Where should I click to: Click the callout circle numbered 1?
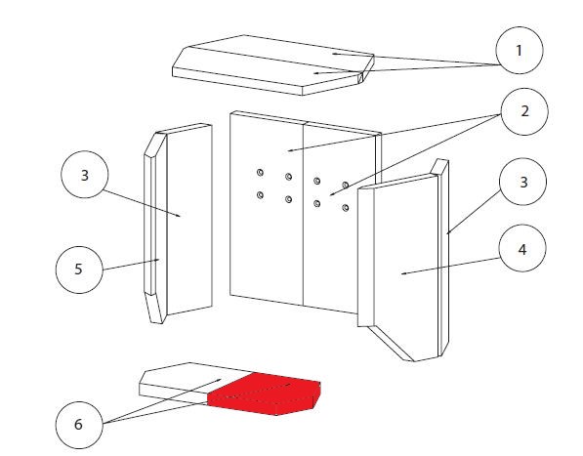tap(520, 50)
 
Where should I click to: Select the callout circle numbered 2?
tap(524, 111)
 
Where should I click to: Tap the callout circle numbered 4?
tap(522, 248)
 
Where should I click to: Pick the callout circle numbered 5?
tap(79, 269)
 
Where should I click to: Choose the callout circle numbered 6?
tap(79, 425)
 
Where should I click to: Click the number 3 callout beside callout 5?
tap(85, 175)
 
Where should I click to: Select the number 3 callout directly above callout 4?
tap(523, 182)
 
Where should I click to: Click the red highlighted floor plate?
tap(265, 394)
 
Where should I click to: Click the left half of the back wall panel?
tap(267, 208)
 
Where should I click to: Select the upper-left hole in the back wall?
tap(261, 173)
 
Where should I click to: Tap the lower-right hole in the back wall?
tap(346, 208)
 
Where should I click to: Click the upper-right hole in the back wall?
tap(346, 186)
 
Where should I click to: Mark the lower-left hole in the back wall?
tap(261, 194)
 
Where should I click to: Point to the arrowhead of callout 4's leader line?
tap(403, 273)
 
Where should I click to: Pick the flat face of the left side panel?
tap(189, 220)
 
